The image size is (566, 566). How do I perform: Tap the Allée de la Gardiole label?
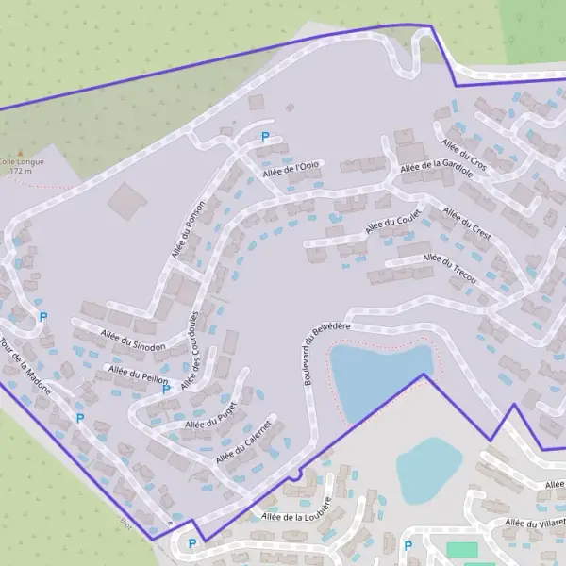pos(436,165)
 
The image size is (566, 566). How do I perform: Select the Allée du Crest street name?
pos(467,224)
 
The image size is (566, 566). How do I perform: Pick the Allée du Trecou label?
pos(450,269)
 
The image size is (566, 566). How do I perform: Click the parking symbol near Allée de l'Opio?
pos(265,138)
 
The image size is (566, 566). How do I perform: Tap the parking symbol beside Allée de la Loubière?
pos(192,543)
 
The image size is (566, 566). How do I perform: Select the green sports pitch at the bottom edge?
pos(461,549)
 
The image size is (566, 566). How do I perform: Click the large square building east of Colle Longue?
pos(126,200)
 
